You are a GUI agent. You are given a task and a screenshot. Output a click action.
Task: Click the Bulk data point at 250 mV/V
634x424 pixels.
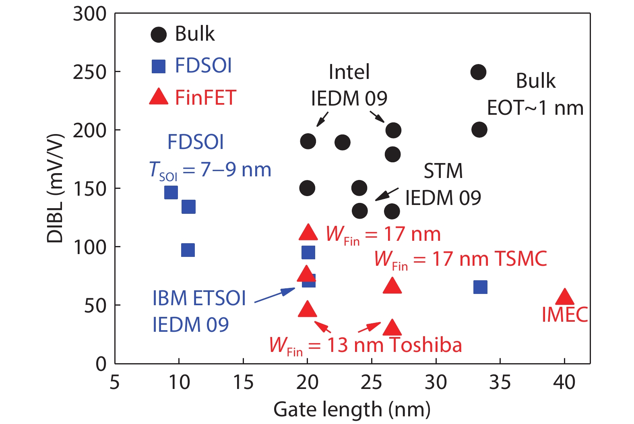pos(478,72)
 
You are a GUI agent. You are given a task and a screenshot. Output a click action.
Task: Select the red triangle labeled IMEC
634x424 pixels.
pos(564,297)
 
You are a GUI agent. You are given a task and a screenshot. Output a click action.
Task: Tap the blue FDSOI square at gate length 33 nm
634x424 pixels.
pos(480,287)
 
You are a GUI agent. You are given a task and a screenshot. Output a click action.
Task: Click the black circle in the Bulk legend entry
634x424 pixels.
pos(159,35)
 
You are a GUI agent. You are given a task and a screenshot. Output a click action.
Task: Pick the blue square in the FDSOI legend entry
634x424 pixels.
pos(159,66)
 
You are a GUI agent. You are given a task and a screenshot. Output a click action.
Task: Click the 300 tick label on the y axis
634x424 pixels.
pos(89,14)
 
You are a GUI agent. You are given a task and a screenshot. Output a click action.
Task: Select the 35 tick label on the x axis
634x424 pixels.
pos(500,382)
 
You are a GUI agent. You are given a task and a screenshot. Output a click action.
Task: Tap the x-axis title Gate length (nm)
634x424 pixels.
pos(352,410)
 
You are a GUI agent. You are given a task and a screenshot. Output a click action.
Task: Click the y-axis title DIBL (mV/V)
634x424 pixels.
pos(56,188)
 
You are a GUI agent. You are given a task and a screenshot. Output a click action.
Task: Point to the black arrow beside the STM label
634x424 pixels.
pos(386,194)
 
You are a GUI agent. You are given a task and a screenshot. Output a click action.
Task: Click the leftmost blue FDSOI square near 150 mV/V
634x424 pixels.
pos(171,192)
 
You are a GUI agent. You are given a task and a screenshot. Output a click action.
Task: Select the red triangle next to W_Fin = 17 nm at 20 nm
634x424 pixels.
pos(308,232)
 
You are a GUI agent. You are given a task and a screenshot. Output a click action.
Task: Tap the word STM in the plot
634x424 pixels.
pos(443,171)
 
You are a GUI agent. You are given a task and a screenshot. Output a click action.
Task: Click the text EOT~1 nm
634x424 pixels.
pos(535,108)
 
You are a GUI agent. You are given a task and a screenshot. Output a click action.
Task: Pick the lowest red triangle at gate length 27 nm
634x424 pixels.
pos(392,328)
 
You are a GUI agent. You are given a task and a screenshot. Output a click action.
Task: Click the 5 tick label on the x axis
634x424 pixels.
pos(115,382)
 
